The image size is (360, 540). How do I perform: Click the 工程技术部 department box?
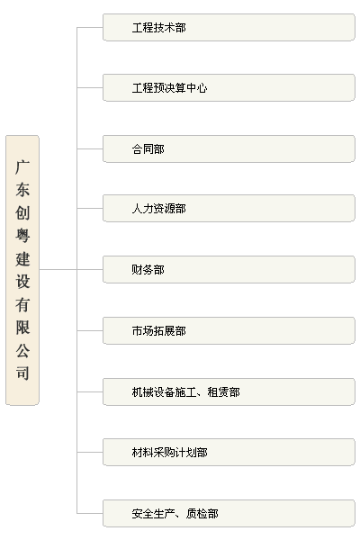point(229,27)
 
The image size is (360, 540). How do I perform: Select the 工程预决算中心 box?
point(229,87)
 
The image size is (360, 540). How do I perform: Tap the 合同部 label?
point(148,149)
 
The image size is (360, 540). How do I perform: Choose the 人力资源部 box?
point(229,209)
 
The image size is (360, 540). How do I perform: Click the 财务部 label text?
point(148,270)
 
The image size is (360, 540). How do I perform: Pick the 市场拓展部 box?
point(229,330)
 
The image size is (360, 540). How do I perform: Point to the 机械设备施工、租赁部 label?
point(186,391)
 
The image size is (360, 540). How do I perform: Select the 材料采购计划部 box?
point(229,452)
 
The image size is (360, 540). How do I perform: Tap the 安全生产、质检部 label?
point(175,514)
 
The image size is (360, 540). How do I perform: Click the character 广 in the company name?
point(22,167)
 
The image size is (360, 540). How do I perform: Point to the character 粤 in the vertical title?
point(22,236)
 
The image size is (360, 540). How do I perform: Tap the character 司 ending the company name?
point(22,373)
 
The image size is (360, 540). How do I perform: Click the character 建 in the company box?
point(22,259)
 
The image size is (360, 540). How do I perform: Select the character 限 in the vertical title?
point(22,328)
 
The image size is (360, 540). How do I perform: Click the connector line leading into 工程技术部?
point(90,27)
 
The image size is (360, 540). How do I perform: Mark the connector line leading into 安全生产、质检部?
point(90,514)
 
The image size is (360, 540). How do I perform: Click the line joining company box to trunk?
point(58,270)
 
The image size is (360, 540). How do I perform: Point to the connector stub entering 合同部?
point(90,149)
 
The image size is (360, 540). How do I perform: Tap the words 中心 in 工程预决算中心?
point(197,88)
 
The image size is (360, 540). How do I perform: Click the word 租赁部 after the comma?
point(224,391)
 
